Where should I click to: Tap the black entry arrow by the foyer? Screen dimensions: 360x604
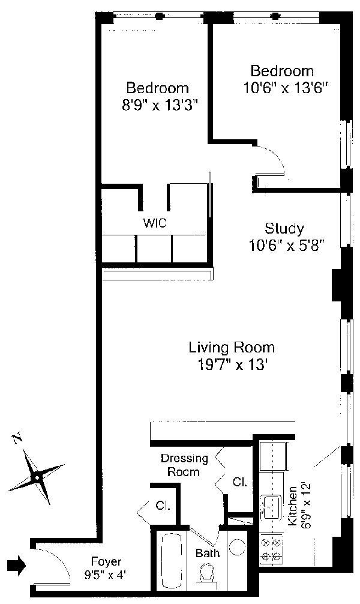[17, 565]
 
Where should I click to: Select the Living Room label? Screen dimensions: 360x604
[232, 348]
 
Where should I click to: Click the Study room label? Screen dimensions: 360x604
[284, 228]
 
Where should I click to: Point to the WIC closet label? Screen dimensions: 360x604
[155, 223]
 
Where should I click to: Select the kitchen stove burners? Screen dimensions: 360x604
[271, 549]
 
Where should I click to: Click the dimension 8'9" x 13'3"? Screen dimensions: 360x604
[160, 105]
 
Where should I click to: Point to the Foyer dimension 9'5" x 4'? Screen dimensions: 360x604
[106, 575]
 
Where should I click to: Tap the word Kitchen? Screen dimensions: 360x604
[293, 504]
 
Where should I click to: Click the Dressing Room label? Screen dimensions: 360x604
[184, 465]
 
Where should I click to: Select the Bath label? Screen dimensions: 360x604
[208, 553]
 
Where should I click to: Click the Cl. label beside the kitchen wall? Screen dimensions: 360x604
[239, 482]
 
